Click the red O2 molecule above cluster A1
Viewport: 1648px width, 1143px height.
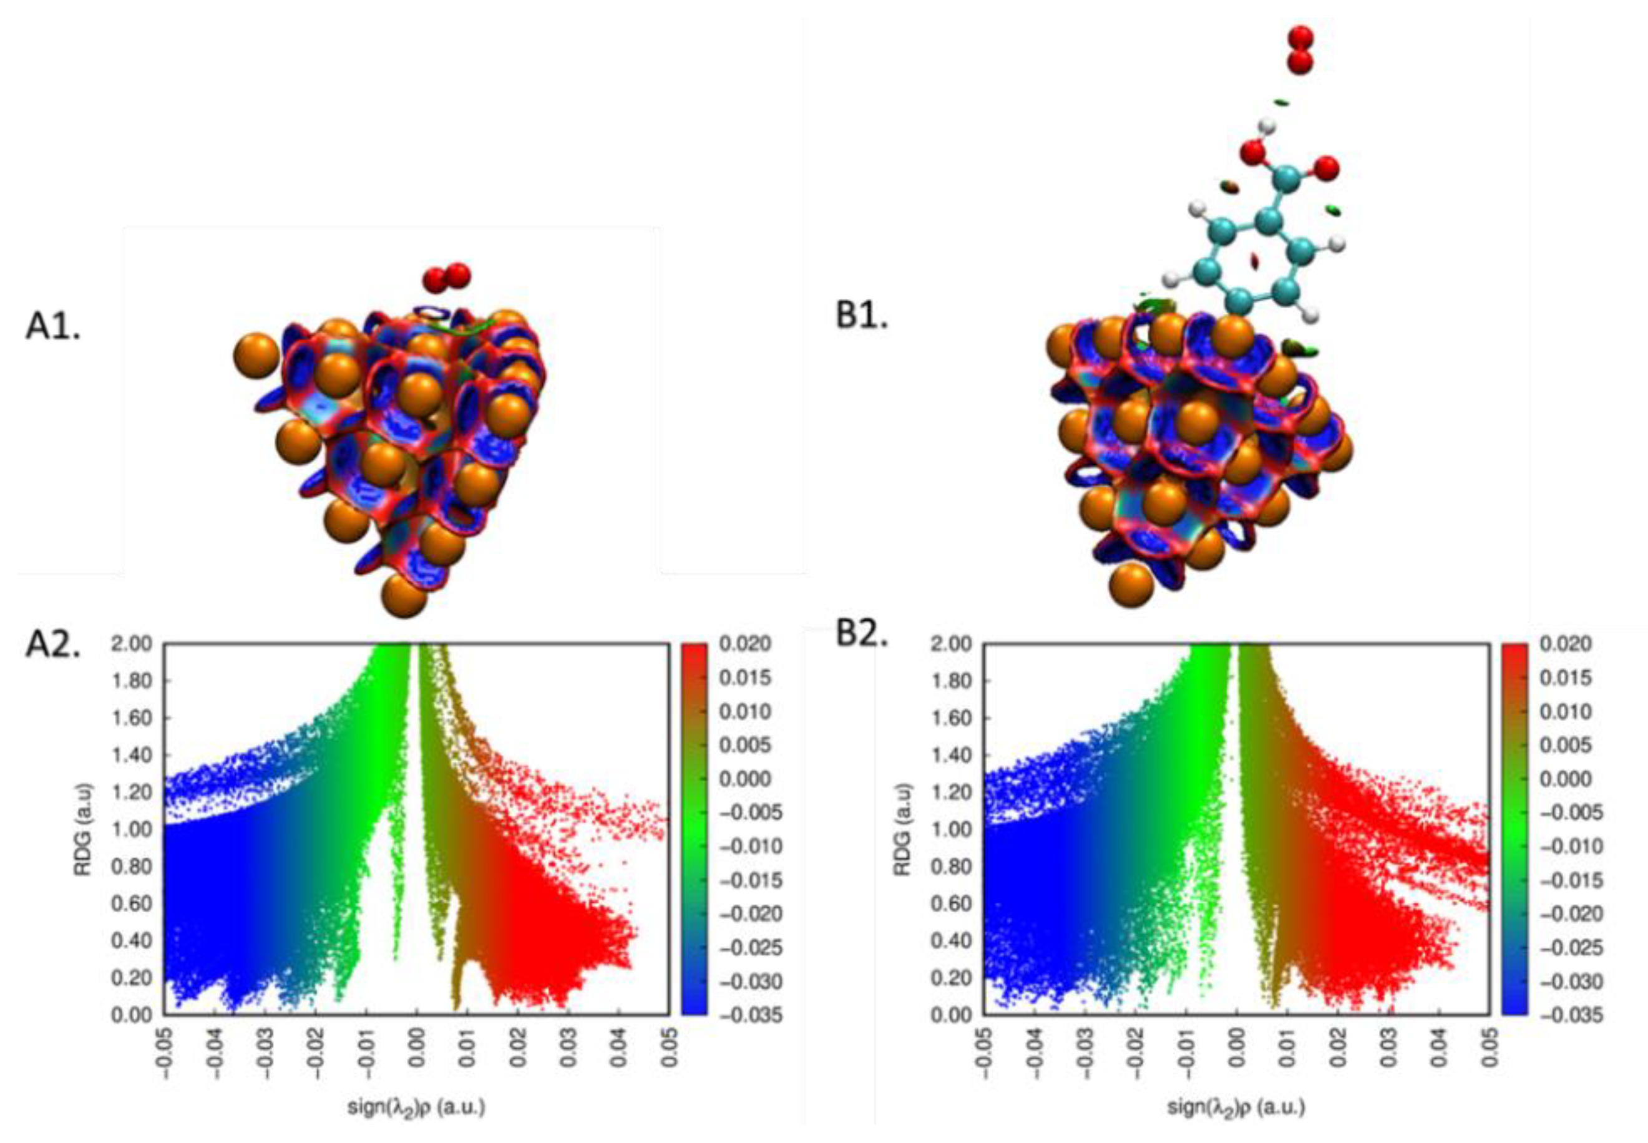tap(446, 276)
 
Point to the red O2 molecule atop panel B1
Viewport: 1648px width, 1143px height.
tap(1300, 50)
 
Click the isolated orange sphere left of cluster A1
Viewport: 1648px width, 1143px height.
tap(256, 355)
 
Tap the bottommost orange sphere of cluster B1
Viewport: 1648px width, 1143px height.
tap(1131, 585)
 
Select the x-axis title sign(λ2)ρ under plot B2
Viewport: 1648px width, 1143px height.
tap(1235, 1107)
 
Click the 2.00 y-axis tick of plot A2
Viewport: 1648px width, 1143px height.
tap(132, 644)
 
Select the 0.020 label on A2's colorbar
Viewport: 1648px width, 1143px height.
tap(744, 644)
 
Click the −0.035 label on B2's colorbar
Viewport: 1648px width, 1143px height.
tap(1565, 1015)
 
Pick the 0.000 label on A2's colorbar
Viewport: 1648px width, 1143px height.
tap(744, 779)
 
